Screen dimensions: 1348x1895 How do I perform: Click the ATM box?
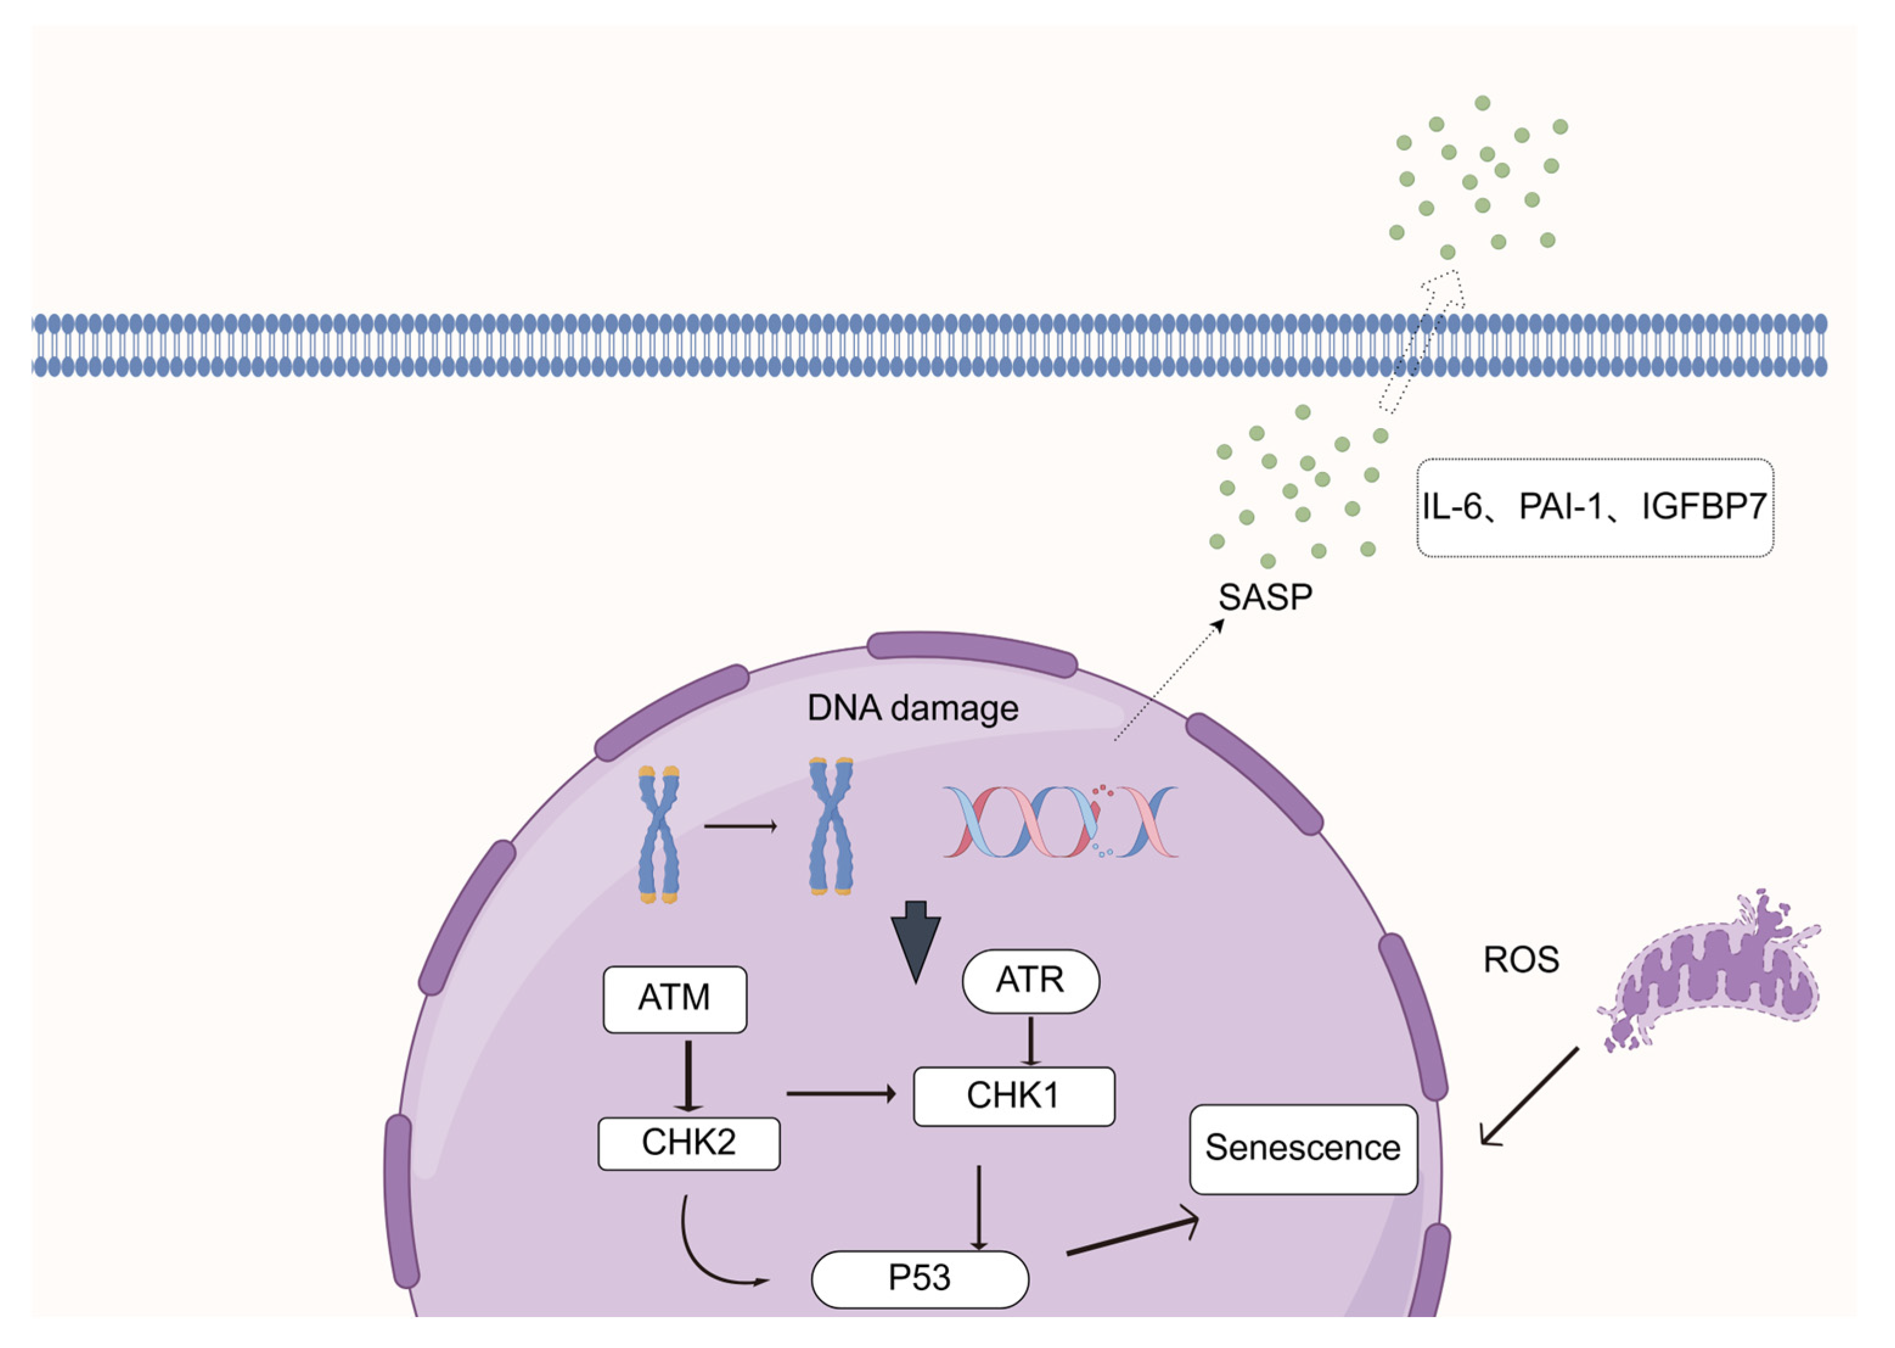674,998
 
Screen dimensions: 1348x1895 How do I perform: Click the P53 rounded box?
919,1278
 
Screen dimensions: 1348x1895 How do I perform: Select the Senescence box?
1302,1149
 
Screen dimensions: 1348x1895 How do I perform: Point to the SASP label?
1265,597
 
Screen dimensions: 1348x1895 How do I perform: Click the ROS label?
1520,960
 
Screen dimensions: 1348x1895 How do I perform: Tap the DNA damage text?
912,708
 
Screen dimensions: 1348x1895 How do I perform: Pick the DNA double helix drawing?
1060,821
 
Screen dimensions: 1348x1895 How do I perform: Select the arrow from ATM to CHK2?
688,1075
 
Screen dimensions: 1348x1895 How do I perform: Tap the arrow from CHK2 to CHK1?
840,1094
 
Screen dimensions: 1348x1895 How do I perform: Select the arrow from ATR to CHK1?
1030,1040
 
